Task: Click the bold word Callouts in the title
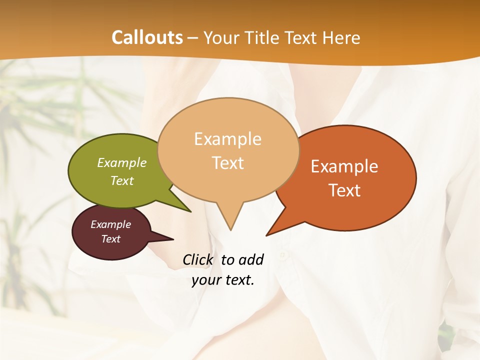tap(147, 37)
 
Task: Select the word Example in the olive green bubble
tap(122, 162)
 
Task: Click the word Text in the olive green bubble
tap(122, 180)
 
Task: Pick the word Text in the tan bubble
tap(228, 163)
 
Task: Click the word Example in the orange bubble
tap(344, 166)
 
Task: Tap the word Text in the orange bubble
tap(344, 190)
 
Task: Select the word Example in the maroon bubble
tap(111, 224)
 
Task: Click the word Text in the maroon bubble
tap(111, 239)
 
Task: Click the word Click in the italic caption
tap(198, 259)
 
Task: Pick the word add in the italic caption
tap(250, 259)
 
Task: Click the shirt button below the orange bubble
tap(283, 255)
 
